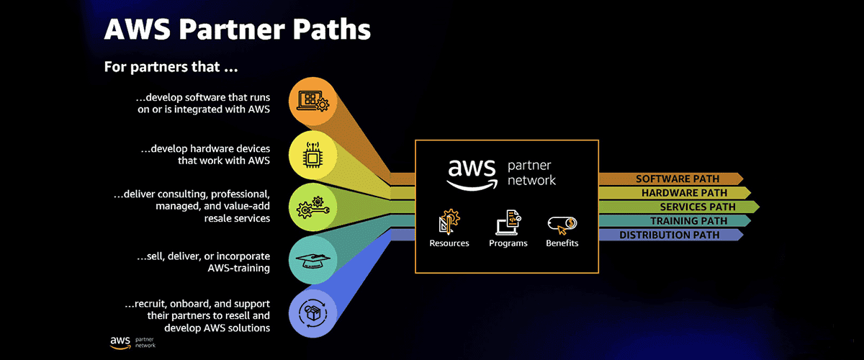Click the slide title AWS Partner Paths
(x=238, y=30)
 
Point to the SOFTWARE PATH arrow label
(x=670, y=179)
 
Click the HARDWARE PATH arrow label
(x=674, y=193)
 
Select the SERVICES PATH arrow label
(x=678, y=207)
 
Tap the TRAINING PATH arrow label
(x=674, y=221)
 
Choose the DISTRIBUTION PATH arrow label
(x=670, y=235)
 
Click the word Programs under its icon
(x=508, y=243)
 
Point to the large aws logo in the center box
(x=472, y=172)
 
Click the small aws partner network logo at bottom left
(x=132, y=343)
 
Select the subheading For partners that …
(x=171, y=67)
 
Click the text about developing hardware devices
(x=205, y=155)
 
